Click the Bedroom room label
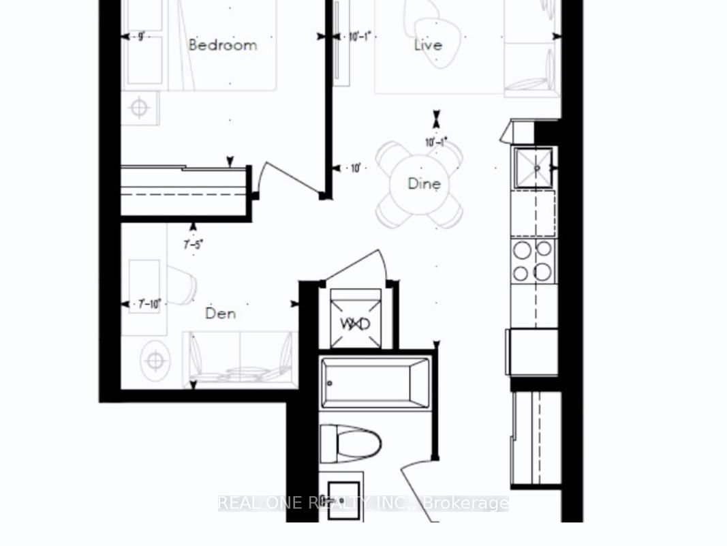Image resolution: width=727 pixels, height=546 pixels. coord(223,45)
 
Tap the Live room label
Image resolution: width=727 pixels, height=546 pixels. coord(428,45)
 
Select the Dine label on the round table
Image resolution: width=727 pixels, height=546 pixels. coord(424,183)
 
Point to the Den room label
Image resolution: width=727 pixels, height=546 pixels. coord(221,314)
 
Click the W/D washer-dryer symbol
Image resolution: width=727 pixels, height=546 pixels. coord(355,323)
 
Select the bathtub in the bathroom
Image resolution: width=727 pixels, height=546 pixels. coord(375,382)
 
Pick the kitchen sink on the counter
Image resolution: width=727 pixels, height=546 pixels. coord(533,167)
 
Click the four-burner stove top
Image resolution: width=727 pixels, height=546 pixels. coord(533,261)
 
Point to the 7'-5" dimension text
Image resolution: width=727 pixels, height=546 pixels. coord(194,244)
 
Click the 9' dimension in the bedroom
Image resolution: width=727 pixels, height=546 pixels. coord(141,37)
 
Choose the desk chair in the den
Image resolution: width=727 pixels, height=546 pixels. coord(182,284)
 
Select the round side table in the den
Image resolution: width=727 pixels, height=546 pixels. coord(156,359)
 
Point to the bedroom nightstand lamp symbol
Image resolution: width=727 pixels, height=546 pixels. coord(140,108)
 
